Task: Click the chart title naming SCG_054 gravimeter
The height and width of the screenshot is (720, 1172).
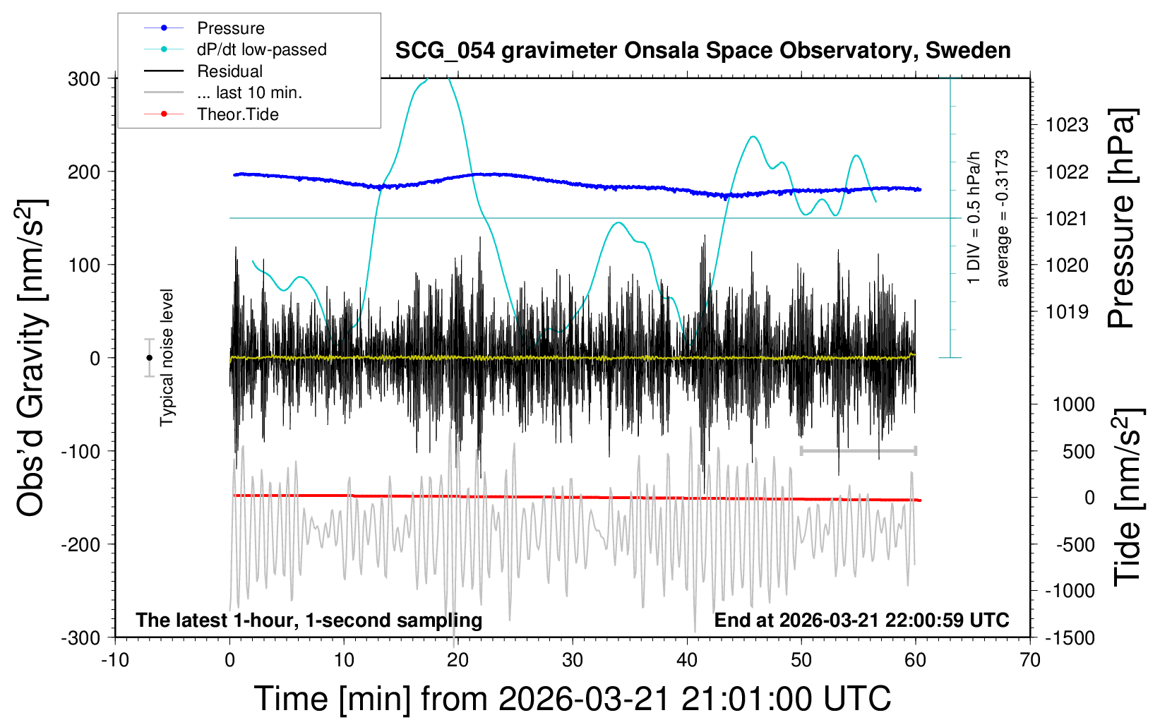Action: point(702,51)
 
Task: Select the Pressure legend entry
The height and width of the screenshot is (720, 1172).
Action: point(230,28)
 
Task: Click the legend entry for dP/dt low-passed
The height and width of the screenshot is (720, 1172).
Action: point(261,49)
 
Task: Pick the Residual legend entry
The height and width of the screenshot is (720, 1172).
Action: point(229,71)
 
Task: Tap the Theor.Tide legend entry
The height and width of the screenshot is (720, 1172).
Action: point(237,114)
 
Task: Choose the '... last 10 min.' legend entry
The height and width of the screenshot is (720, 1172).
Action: point(249,92)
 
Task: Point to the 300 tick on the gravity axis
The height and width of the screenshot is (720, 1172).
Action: point(84,79)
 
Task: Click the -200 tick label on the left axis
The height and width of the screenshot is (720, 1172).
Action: point(80,544)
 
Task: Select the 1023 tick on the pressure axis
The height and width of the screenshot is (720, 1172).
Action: point(1067,126)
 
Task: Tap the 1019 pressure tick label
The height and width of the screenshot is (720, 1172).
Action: point(1067,312)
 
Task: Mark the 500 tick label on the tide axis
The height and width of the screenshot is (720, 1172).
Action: point(1078,452)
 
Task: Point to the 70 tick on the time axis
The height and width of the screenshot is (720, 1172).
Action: point(1030,661)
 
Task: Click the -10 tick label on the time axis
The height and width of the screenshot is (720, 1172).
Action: point(115,661)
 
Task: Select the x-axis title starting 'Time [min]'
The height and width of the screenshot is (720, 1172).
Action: point(572,699)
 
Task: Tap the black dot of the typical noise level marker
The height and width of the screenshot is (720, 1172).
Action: point(149,358)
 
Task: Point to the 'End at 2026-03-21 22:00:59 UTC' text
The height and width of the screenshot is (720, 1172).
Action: point(861,620)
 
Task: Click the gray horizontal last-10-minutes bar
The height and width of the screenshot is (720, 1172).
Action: point(858,450)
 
